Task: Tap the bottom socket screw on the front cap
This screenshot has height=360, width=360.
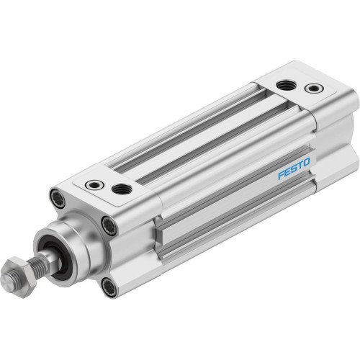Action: [x=109, y=287]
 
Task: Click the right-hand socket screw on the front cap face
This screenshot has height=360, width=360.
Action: [x=109, y=226]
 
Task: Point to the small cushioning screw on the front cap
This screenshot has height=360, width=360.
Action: [x=94, y=185]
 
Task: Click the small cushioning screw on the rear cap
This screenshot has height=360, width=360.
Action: [x=313, y=89]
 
